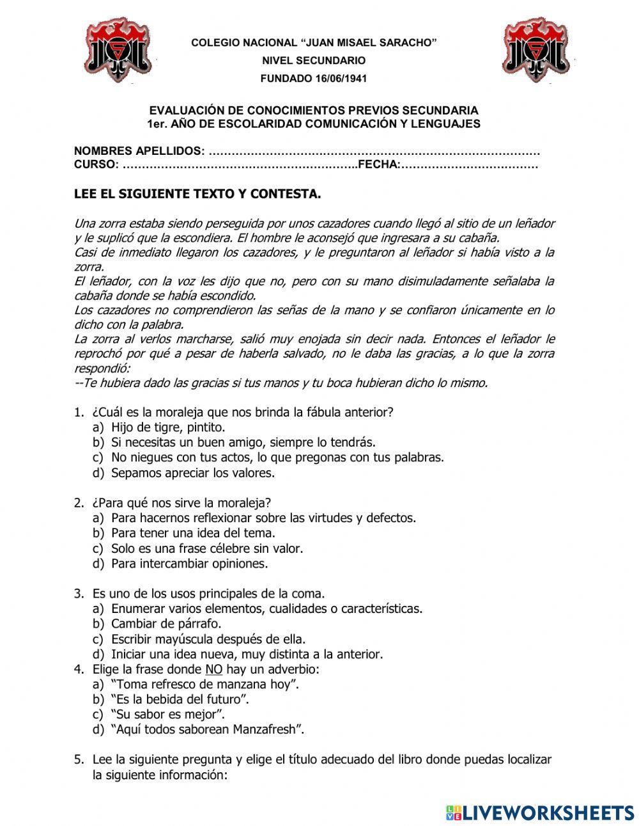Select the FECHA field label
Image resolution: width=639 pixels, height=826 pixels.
[378, 165]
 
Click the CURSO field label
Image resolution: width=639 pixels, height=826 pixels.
[96, 165]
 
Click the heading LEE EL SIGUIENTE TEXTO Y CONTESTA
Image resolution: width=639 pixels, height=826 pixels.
[197, 194]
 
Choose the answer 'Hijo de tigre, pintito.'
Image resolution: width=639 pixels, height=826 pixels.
[168, 427]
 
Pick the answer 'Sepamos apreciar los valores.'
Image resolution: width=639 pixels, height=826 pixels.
[192, 473]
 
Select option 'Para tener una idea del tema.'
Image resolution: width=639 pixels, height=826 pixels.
[193, 533]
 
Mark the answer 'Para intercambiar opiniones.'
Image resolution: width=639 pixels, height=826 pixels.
[189, 564]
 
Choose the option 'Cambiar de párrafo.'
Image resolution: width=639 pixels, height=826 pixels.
[166, 624]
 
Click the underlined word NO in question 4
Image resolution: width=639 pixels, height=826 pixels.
[214, 670]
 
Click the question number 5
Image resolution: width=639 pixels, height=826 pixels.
[79, 760]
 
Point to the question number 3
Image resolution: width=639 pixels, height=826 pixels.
[79, 594]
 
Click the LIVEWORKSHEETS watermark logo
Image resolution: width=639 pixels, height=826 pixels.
[539, 813]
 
